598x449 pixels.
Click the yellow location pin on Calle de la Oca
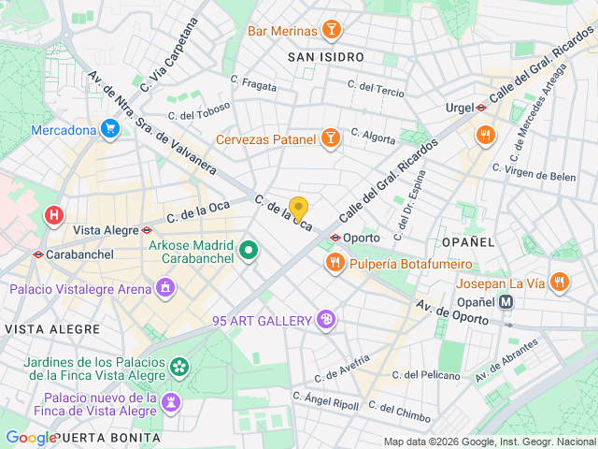tap(298, 209)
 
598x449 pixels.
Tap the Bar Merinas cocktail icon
tap(330, 31)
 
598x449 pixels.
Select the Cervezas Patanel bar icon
tap(329, 139)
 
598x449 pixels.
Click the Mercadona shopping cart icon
tap(110, 129)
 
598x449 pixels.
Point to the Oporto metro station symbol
tap(335, 238)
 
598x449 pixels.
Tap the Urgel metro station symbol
tap(480, 108)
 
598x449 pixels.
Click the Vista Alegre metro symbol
tap(148, 229)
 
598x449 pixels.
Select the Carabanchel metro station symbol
tap(37, 253)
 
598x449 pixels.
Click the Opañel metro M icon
tap(506, 302)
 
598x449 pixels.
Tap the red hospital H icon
tap(54, 216)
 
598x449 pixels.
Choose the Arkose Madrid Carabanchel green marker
tap(249, 250)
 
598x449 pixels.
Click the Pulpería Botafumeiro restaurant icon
tap(335, 265)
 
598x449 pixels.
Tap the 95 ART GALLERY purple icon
tap(325, 321)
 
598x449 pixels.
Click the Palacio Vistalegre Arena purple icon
tap(165, 287)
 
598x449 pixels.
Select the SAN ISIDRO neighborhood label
tap(325, 57)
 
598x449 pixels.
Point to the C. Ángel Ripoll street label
tap(325, 400)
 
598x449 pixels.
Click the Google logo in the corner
tap(31, 438)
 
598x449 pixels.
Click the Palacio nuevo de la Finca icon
tap(171, 402)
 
